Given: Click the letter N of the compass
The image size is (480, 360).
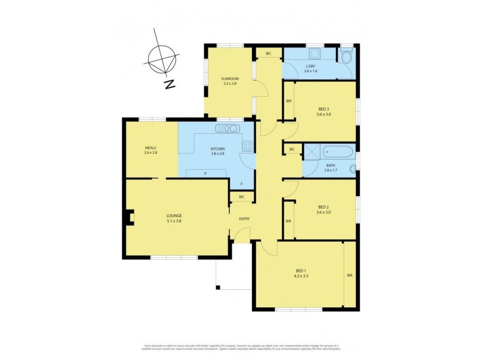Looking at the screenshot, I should [x=170, y=85].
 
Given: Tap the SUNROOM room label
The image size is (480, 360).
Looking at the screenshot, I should [x=229, y=79].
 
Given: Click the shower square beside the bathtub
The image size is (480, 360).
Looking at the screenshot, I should [x=311, y=151].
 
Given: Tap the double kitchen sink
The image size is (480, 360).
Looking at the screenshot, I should [x=228, y=128].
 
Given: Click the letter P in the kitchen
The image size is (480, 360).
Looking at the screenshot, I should [x=206, y=173].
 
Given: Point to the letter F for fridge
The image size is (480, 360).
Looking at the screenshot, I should [x=242, y=184].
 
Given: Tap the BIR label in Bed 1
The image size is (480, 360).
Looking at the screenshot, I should [x=349, y=275].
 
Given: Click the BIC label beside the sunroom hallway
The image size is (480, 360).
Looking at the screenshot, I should [x=268, y=54].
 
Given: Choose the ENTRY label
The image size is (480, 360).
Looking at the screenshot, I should [x=244, y=219].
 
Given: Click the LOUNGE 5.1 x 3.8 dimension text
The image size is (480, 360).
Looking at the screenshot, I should [x=174, y=221].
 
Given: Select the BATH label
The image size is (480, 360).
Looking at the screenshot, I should [x=330, y=165].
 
